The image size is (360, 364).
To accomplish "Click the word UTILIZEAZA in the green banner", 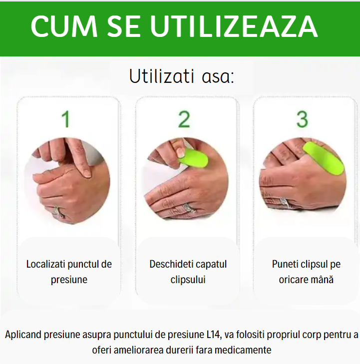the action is pyautogui.click(x=234, y=26).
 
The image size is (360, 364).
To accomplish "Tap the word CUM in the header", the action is pyautogui.click(x=64, y=26).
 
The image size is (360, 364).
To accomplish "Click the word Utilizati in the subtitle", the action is pyautogui.click(x=162, y=76).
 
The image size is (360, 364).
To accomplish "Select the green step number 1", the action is pyautogui.click(x=66, y=119).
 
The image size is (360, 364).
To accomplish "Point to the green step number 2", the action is pyautogui.click(x=184, y=119).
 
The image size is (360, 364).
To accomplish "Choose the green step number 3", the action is pyautogui.click(x=302, y=119).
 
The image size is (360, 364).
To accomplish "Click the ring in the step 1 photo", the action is pyautogui.click(x=58, y=212).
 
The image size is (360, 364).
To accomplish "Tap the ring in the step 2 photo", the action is pyautogui.click(x=189, y=208).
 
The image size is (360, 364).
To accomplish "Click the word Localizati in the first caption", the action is pyautogui.click(x=46, y=264).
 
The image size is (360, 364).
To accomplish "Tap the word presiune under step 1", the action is pyautogui.click(x=69, y=280).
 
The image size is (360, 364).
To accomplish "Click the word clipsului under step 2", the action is pyautogui.click(x=188, y=280).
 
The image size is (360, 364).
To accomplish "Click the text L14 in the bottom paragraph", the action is pyautogui.click(x=213, y=335).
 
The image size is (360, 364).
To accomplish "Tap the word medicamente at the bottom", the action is pyautogui.click(x=243, y=350).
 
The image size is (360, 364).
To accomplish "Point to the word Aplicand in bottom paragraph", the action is pyautogui.click(x=23, y=335).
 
